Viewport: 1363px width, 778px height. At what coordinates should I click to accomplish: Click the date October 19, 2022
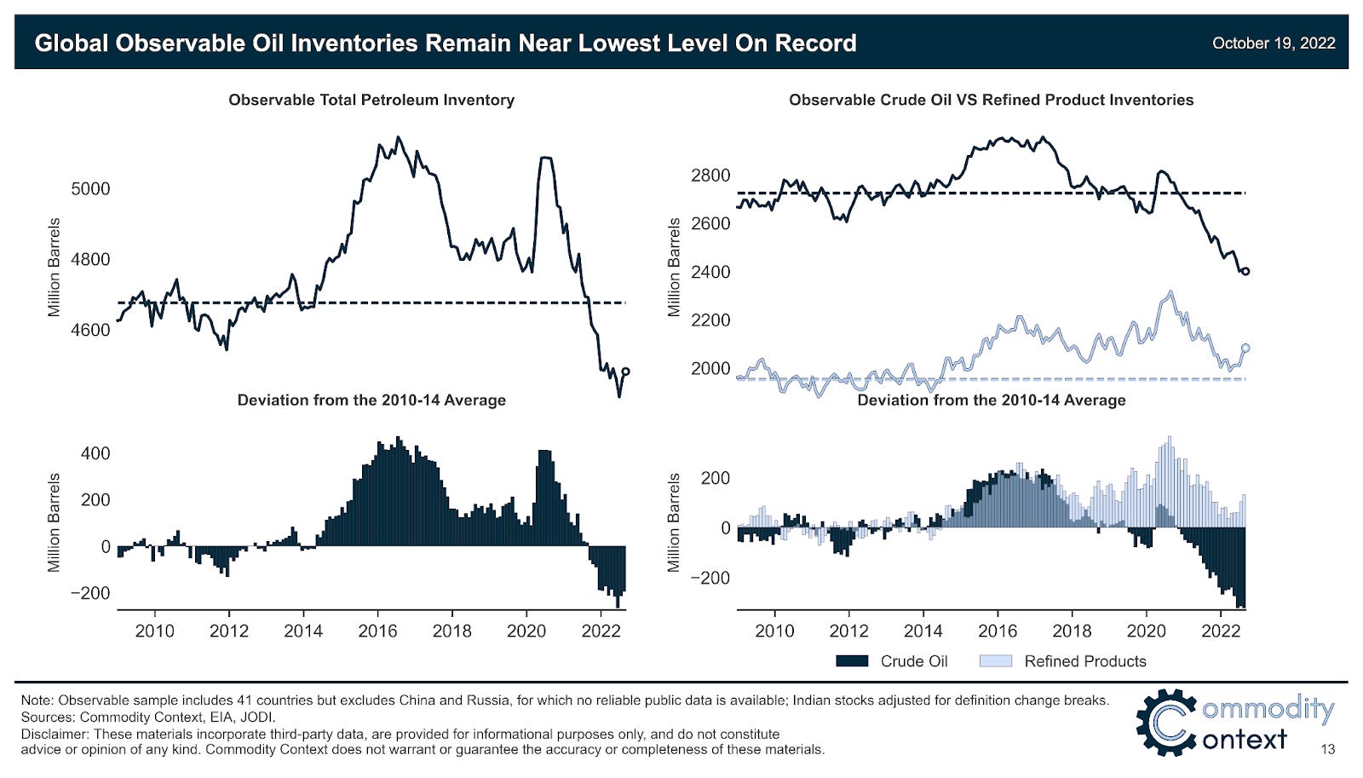(1273, 43)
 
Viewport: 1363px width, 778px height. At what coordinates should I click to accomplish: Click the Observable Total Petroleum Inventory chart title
(371, 100)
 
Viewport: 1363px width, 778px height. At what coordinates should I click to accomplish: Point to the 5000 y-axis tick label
(90, 189)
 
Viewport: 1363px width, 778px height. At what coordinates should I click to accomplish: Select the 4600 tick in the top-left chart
(90, 330)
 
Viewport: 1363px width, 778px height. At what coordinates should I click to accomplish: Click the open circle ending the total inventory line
(626, 372)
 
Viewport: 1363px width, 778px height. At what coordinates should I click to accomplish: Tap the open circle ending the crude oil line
(1245, 271)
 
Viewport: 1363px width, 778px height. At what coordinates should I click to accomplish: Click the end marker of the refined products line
(1245, 348)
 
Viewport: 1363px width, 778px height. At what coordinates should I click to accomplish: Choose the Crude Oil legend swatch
(852, 661)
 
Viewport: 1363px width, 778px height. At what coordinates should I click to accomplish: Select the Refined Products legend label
(1084, 661)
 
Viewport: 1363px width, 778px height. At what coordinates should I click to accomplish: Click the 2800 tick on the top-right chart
(710, 176)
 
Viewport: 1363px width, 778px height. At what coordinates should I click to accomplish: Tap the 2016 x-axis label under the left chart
(377, 631)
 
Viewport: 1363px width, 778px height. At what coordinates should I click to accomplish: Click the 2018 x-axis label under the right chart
(1072, 631)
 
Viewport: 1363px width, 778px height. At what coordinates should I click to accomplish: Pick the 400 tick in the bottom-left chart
(95, 453)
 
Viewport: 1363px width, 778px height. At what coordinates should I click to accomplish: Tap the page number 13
(1327, 750)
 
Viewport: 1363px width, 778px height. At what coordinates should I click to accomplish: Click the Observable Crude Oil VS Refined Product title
(991, 100)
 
